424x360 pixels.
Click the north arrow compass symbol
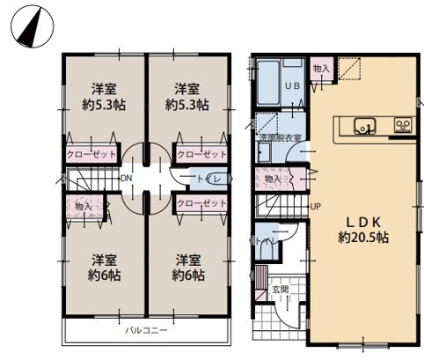pos(30,26)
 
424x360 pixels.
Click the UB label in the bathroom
pos(294,85)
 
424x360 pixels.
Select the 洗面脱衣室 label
pos(280,138)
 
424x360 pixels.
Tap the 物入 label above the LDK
pos(320,68)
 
